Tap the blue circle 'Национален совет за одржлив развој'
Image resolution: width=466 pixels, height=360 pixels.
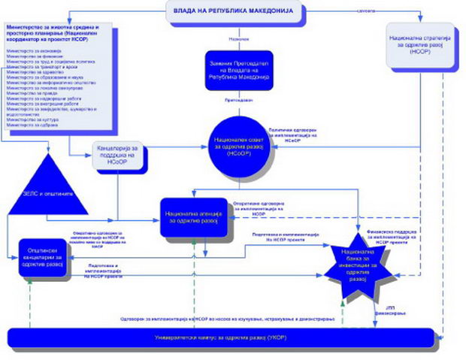(239, 144)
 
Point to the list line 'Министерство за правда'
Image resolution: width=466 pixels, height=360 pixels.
(26, 92)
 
